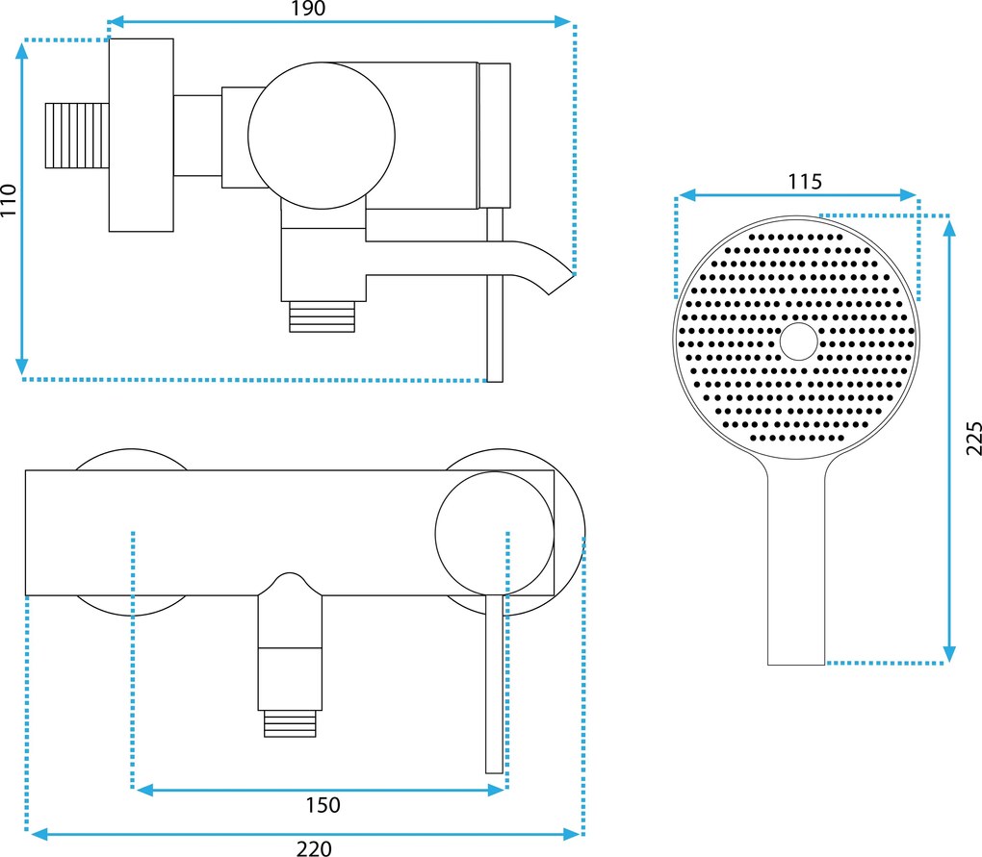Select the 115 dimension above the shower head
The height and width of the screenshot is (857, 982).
tap(804, 181)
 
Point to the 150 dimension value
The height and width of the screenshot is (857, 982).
tap(323, 804)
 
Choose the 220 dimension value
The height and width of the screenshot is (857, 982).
tap(313, 847)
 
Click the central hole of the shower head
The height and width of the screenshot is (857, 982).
tap(798, 341)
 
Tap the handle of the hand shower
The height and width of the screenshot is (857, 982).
tap(796, 567)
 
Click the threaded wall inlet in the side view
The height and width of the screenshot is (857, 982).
tap(77, 136)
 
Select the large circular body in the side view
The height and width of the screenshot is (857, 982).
tap(322, 136)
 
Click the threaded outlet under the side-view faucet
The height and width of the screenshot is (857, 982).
tap(323, 316)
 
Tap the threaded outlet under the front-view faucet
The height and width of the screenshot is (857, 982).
tap(291, 722)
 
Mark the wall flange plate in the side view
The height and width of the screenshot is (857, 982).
tap(141, 136)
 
